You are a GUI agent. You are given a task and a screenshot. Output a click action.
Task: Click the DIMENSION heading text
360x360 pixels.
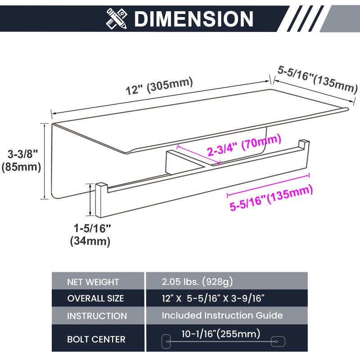click(x=193, y=19)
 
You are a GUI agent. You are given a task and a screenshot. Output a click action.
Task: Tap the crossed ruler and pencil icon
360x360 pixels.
click(x=117, y=18)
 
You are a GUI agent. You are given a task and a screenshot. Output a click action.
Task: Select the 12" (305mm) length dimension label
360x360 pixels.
click(x=159, y=86)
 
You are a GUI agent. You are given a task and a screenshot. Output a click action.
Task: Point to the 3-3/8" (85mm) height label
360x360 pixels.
click(x=21, y=160)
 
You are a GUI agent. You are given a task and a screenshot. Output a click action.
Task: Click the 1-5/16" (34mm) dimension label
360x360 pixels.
click(x=91, y=234)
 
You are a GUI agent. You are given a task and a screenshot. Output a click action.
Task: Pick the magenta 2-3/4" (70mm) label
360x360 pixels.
click(x=244, y=145)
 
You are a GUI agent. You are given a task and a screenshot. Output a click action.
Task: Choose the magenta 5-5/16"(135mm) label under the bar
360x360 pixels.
click(x=271, y=198)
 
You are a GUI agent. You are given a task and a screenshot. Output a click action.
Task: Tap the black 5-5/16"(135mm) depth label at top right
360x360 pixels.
click(x=318, y=79)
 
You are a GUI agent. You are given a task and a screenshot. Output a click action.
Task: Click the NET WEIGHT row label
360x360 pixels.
click(x=93, y=282)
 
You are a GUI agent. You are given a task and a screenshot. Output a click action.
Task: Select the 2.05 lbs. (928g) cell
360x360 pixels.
click(x=197, y=282)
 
